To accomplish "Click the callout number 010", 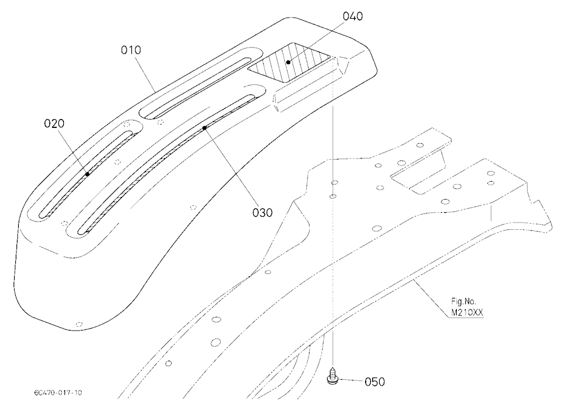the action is (x=131, y=50).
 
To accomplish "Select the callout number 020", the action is (x=54, y=123).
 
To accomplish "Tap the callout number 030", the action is (x=263, y=213).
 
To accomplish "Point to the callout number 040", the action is (x=353, y=16).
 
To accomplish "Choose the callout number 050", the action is (x=375, y=382).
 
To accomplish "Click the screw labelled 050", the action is (x=332, y=375).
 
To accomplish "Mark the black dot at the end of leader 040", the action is (x=289, y=62).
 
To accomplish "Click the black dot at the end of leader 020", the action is (x=87, y=174).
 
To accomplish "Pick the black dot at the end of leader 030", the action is (x=204, y=127).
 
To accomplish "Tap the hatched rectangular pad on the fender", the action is (x=289, y=62).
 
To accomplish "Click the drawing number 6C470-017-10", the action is (x=58, y=392).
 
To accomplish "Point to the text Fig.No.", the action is (x=464, y=302).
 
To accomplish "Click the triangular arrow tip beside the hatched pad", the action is (x=344, y=65).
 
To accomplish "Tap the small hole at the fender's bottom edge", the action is (x=79, y=324).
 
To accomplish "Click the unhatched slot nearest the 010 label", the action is (x=201, y=84).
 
